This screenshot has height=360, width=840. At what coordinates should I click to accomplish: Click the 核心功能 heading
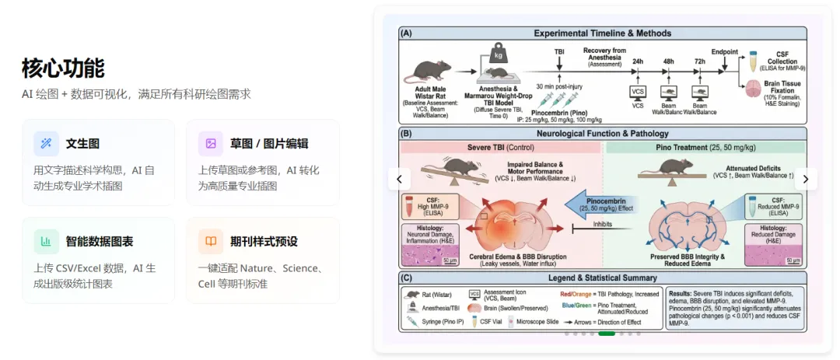(x=63, y=68)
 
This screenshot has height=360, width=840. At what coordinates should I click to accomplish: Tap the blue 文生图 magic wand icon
(x=46, y=143)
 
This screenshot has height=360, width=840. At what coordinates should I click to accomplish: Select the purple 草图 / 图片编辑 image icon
(x=211, y=143)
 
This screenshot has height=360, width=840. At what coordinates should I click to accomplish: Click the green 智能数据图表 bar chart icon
(x=46, y=241)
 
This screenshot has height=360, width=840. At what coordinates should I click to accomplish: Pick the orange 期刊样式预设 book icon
(x=211, y=241)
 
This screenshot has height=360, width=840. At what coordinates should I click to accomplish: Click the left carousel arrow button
(x=399, y=179)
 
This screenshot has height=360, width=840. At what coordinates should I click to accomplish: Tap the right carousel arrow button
(x=806, y=179)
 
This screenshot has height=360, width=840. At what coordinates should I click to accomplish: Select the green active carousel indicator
(x=607, y=334)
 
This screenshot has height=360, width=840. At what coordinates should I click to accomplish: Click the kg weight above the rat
(x=498, y=56)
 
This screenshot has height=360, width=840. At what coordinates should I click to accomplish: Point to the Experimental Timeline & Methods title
(x=603, y=33)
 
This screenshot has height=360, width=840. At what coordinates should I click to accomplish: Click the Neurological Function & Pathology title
(x=603, y=134)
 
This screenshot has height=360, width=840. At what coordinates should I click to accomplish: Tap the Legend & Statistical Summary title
(x=603, y=278)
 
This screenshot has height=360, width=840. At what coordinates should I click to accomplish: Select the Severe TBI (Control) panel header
(x=500, y=147)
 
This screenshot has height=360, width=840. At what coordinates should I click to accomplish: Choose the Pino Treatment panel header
(x=704, y=147)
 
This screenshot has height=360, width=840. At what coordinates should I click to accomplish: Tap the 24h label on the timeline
(x=638, y=60)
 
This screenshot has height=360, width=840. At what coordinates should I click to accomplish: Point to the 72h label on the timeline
(x=700, y=60)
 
